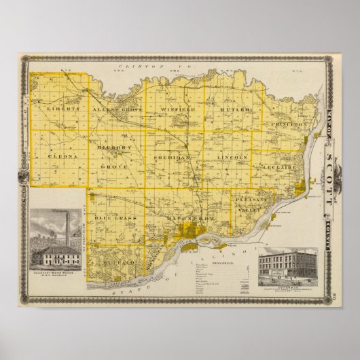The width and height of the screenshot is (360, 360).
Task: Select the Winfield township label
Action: (177, 109)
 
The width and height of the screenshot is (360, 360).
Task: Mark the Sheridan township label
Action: (173, 156)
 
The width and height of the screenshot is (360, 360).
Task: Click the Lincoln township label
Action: (228, 156)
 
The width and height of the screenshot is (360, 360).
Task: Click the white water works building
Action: (57, 256)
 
